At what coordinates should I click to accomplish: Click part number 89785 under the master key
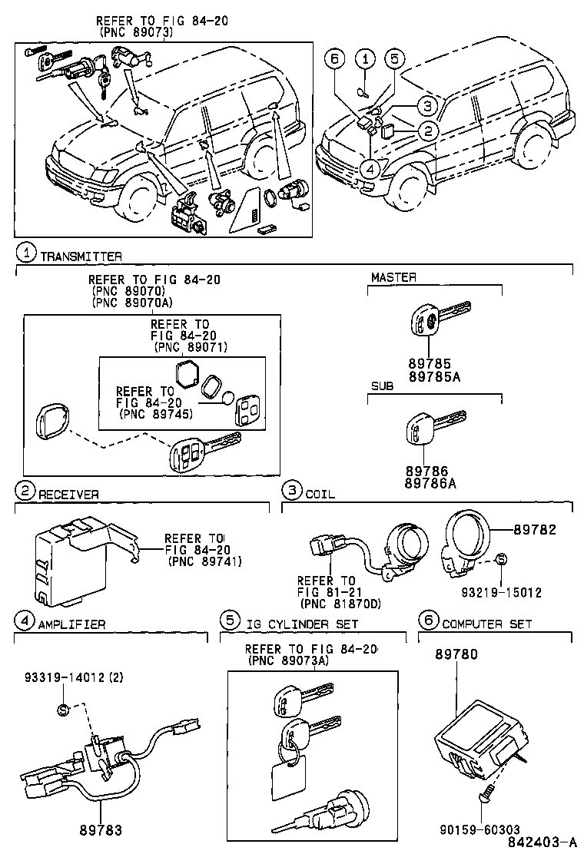pyautogui.click(x=429, y=363)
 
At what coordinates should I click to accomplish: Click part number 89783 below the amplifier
pyautogui.click(x=101, y=830)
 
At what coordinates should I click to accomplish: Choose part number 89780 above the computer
pyautogui.click(x=456, y=654)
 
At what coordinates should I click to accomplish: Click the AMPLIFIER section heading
pyautogui.click(x=71, y=624)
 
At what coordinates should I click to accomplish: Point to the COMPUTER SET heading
pyautogui.click(x=487, y=624)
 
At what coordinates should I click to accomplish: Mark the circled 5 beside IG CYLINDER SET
pyautogui.click(x=228, y=620)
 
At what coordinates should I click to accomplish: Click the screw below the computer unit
pyautogui.click(x=486, y=802)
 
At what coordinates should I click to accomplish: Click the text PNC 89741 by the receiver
pyautogui.click(x=204, y=561)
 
